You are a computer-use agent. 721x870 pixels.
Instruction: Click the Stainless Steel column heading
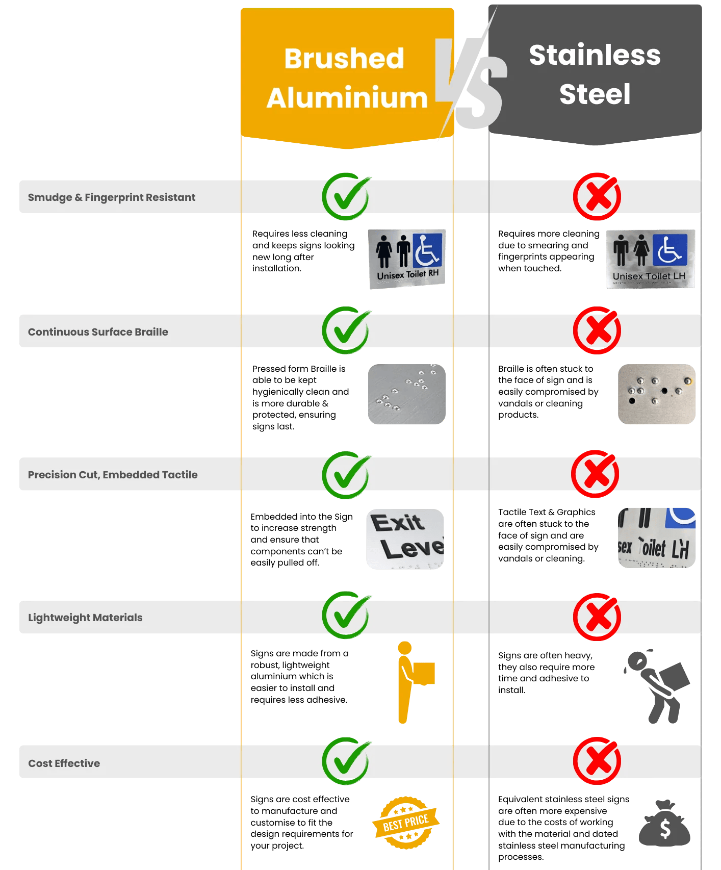[595, 74]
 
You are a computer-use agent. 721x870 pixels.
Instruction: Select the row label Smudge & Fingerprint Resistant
[112, 197]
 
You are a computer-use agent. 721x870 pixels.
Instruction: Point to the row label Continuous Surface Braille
[98, 332]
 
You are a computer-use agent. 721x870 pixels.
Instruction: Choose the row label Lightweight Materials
[85, 618]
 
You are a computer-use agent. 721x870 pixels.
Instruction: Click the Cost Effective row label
[64, 763]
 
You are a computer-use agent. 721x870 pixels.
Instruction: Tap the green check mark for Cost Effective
[346, 761]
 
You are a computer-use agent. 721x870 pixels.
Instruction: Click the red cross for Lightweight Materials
[597, 617]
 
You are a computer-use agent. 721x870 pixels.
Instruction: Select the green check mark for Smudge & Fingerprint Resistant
[346, 197]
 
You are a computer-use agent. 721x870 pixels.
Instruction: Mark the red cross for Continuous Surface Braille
[597, 331]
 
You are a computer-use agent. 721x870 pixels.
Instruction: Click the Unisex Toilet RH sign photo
[407, 259]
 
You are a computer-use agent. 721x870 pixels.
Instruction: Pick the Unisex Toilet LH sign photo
[650, 259]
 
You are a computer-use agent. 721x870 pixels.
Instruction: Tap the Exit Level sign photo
[405, 539]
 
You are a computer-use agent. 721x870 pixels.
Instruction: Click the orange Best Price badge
[406, 822]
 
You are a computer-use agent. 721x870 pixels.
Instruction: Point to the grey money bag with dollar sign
[664, 825]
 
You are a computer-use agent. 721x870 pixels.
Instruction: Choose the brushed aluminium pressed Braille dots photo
[406, 394]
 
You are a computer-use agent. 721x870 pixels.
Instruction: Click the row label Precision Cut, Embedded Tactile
[113, 475]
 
